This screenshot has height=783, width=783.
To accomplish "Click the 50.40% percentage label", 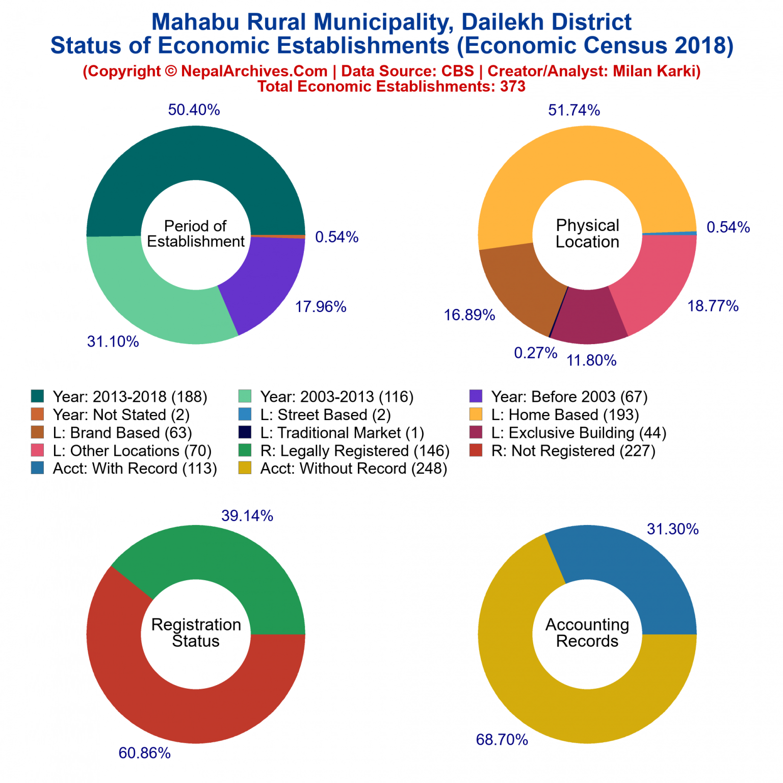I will pyautogui.click(x=194, y=110).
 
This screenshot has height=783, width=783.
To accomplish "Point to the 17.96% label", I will pyautogui.click(x=321, y=307).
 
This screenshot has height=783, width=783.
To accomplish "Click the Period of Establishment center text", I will pyautogui.click(x=196, y=233).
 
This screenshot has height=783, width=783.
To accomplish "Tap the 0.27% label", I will pyautogui.click(x=535, y=353).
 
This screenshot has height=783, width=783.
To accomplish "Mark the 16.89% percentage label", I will pyautogui.click(x=469, y=315).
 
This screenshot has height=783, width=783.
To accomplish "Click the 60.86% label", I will pyautogui.click(x=144, y=753).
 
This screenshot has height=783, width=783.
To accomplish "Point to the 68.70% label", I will pyautogui.click(x=502, y=740).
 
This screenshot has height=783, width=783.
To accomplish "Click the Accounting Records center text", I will pyautogui.click(x=587, y=633).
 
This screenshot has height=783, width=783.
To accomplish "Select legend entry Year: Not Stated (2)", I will pyautogui.click(x=121, y=415).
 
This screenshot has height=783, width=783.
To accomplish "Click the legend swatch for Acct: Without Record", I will pyautogui.click(x=245, y=468).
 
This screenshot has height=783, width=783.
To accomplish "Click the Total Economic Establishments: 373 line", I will pyautogui.click(x=391, y=86).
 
